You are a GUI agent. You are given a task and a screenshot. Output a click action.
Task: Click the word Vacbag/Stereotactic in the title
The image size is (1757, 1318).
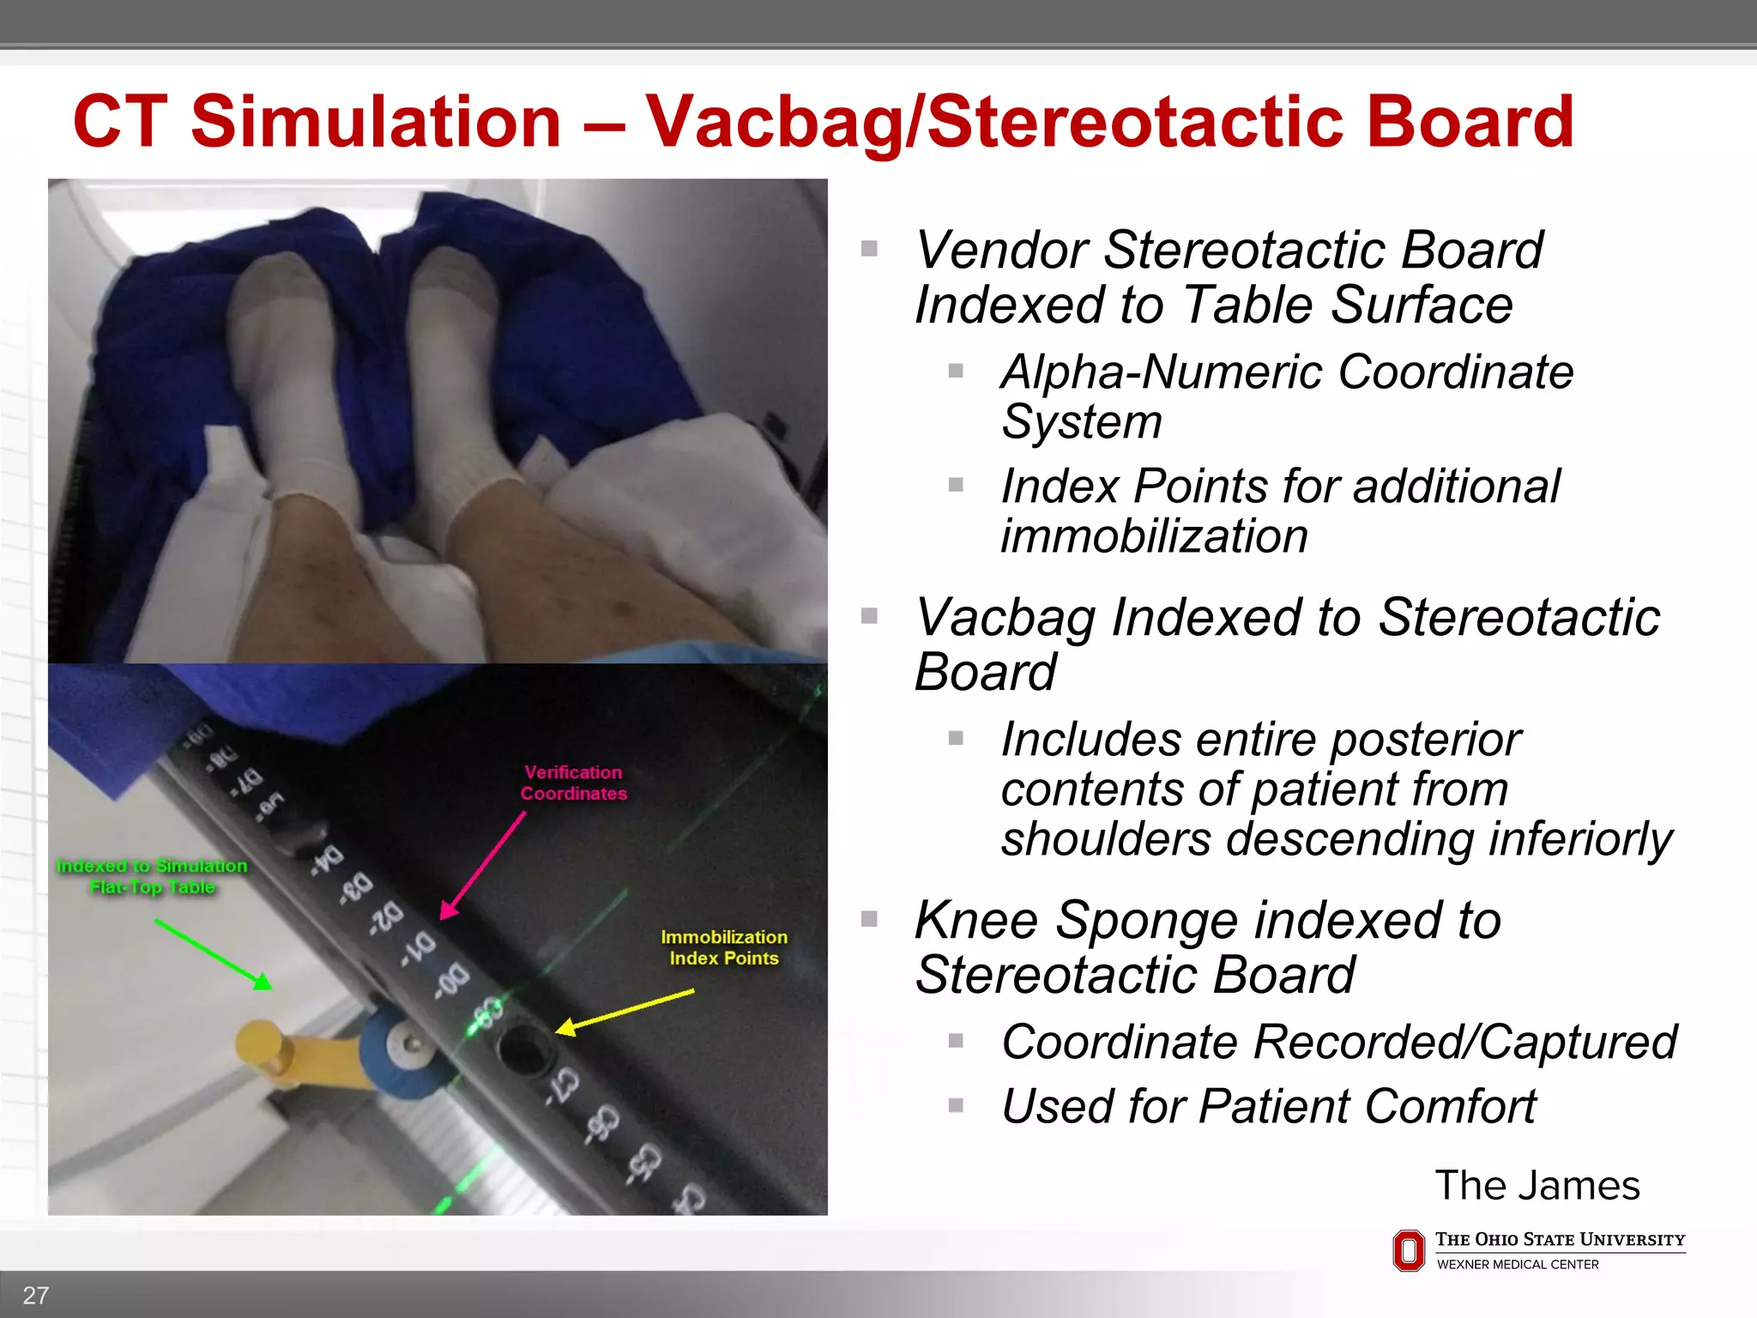pos(995,123)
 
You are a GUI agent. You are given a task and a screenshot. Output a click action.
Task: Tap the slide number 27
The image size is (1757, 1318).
pos(35,1295)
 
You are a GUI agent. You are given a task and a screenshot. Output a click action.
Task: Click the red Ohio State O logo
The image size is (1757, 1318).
pos(1408,1250)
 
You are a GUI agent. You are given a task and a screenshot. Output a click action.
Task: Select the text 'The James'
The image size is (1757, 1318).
pos(1537,1186)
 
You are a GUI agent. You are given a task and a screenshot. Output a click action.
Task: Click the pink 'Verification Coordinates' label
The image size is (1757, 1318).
pos(573,783)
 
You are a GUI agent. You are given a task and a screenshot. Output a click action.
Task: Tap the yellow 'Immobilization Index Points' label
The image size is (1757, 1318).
pos(723,947)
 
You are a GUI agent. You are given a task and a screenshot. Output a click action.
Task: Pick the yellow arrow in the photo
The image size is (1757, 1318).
pos(625,1009)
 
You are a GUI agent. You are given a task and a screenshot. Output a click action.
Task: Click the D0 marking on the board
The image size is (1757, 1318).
pos(452,982)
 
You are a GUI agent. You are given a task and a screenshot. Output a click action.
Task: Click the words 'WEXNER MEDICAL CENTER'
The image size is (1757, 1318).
pos(1517,1265)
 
